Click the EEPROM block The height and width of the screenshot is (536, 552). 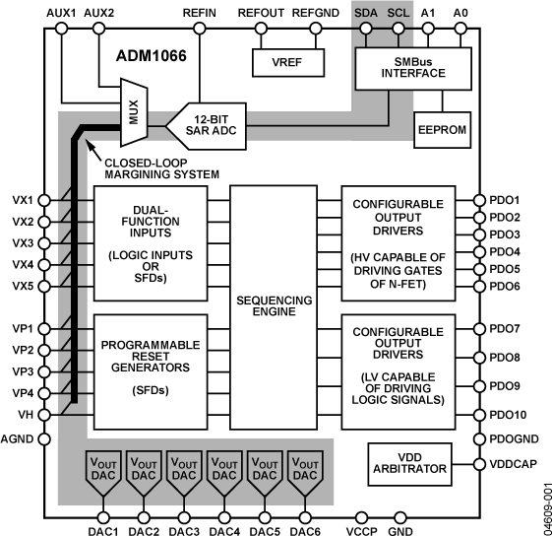[443, 129]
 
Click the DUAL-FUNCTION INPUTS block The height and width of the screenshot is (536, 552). [150, 242]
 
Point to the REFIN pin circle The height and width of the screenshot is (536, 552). [198, 30]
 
